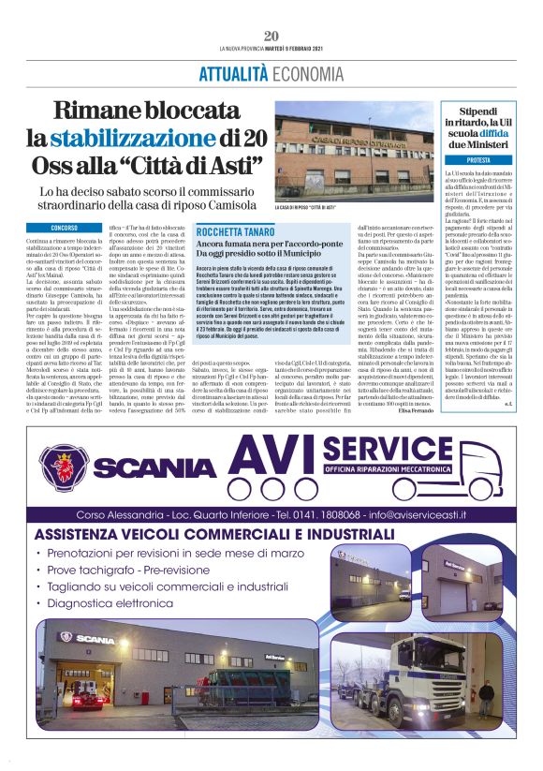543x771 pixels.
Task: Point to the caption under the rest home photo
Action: click(307, 208)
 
